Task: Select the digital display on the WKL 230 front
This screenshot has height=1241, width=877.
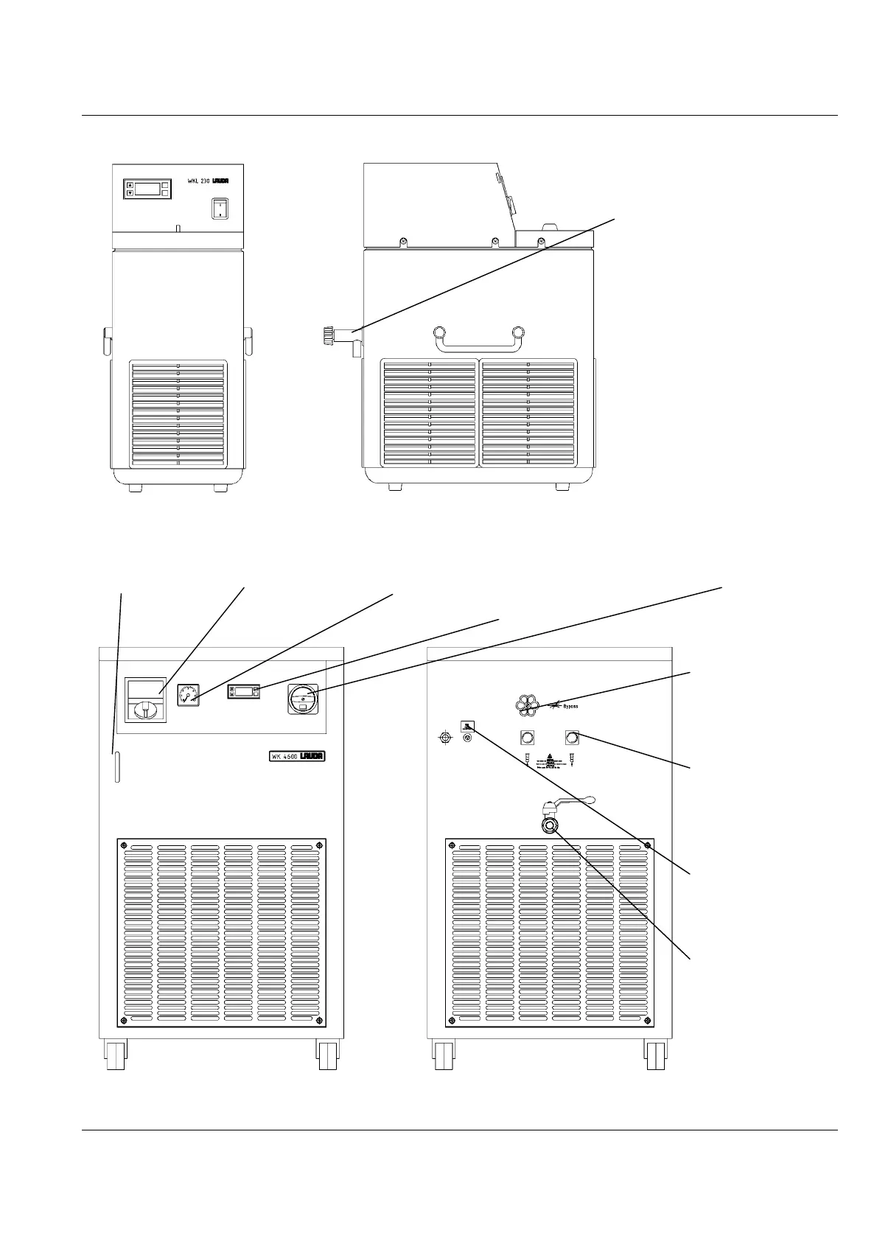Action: tap(147, 189)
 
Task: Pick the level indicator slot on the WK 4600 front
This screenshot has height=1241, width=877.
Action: tap(116, 767)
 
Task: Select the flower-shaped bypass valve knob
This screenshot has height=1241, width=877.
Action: tap(527, 705)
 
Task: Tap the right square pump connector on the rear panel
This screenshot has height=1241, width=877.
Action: tap(571, 736)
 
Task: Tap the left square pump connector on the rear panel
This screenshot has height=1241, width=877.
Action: tap(528, 736)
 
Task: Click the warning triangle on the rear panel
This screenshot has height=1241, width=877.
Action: tap(549, 758)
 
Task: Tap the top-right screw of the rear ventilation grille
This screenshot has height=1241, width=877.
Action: tap(646, 845)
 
